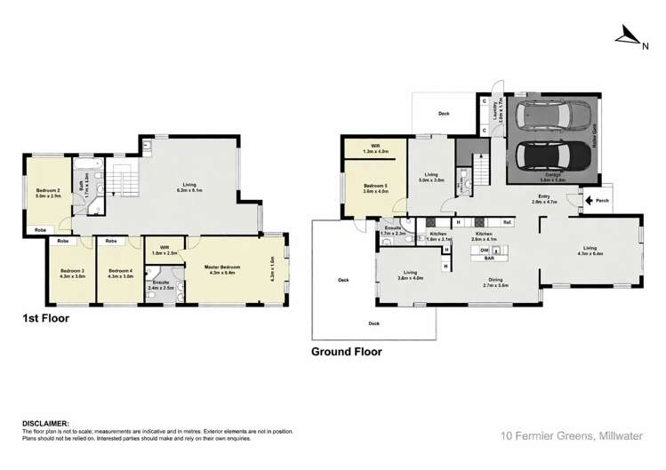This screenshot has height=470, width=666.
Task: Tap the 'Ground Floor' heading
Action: pos(346,351)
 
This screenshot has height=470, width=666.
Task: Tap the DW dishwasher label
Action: pos(485,251)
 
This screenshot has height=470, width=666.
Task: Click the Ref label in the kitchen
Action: pos(506,222)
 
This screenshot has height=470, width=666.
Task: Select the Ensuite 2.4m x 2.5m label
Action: pos(162,286)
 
